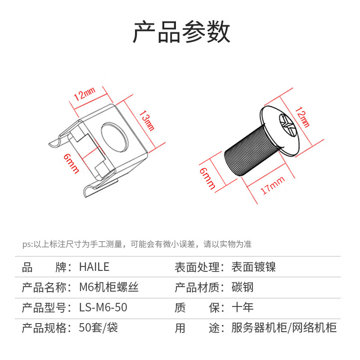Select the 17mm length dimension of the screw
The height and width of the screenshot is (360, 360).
tap(273, 185)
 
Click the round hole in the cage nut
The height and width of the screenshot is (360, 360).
tap(114, 135)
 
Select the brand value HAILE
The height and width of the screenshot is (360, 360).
tap(94, 267)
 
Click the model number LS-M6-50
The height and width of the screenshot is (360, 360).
tap(103, 307)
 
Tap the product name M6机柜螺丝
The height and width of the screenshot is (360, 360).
tap(108, 287)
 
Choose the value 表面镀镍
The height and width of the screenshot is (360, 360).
tap(253, 267)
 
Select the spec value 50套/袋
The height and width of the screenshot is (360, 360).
tap(98, 328)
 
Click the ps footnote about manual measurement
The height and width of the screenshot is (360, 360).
tap(137, 244)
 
